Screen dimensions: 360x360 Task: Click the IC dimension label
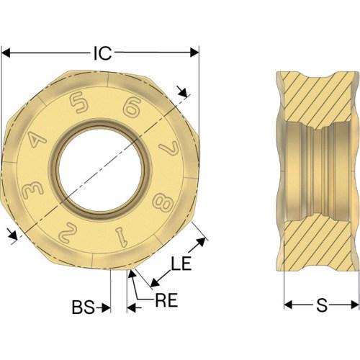click(102, 53)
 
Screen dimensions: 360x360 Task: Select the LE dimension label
click(181, 264)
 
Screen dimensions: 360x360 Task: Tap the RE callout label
click(166, 300)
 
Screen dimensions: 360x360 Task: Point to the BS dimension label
click(84, 307)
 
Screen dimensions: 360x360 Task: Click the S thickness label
click(322, 305)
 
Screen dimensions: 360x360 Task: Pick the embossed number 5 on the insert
click(78, 103)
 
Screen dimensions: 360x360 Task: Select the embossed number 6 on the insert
click(132, 108)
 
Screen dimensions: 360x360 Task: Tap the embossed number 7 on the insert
click(169, 148)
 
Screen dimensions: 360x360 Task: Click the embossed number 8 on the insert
click(163, 201)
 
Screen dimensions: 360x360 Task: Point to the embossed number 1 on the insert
click(122, 237)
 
